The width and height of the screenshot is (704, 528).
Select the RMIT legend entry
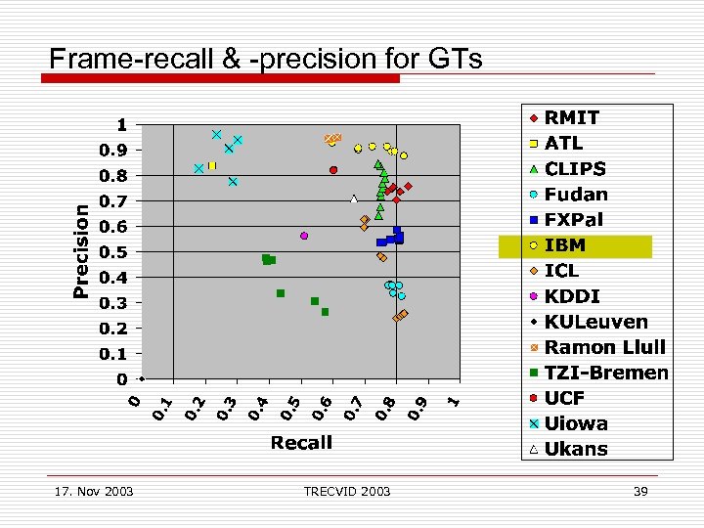coord(572,117)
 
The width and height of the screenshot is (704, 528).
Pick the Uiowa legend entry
coord(576,423)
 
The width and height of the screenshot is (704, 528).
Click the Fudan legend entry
coord(576,195)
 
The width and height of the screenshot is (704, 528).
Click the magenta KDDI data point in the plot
coord(304,236)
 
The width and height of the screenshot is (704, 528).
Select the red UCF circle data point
coord(333,170)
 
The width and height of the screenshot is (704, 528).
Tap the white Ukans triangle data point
coord(354,199)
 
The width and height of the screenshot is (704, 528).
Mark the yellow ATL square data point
coord(211,166)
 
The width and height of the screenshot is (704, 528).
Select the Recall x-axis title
coord(301,443)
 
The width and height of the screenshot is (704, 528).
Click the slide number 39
coord(640,491)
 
